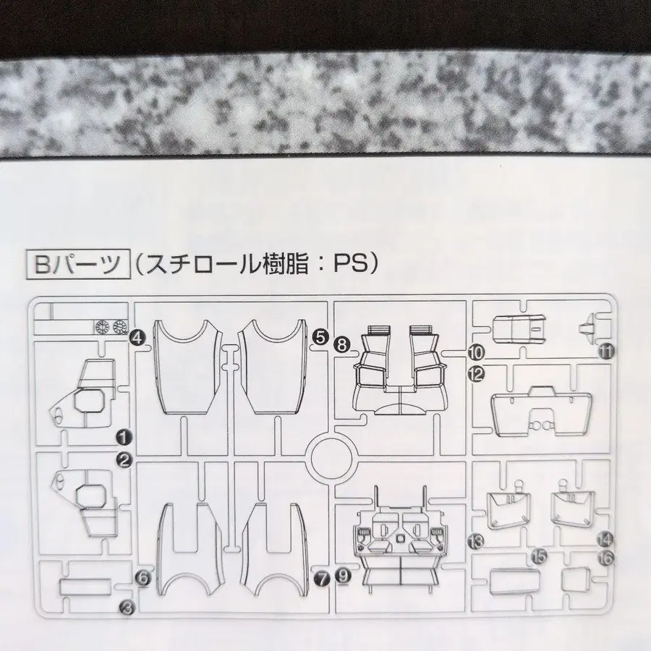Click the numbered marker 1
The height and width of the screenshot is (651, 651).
124,436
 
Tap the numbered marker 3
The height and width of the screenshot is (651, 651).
126,609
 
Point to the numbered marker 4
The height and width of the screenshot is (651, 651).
137,336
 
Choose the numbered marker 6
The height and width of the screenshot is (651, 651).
142,577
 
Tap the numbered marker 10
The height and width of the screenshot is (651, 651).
475,353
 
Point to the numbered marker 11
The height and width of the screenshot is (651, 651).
606,352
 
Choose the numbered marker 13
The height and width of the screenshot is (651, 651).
475,540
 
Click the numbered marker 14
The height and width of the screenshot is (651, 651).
605,538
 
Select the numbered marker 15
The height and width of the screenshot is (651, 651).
537,556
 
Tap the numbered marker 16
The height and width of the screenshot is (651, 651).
606,557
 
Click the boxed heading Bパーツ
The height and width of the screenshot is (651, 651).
75,263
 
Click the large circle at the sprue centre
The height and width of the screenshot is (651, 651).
333,456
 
